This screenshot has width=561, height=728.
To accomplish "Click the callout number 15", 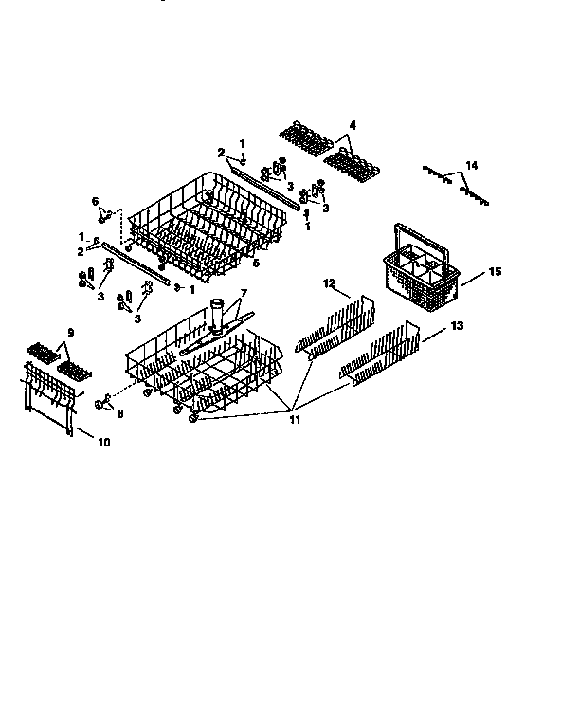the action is click(x=495, y=272).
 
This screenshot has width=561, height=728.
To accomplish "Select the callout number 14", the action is click(x=471, y=165).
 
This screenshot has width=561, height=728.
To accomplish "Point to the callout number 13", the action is click(x=457, y=326).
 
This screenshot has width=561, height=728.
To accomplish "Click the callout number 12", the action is click(x=329, y=283).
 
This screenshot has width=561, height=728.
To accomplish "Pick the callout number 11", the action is click(x=295, y=420).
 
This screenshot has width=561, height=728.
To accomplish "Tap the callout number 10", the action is click(x=104, y=442).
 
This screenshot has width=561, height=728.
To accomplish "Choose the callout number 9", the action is click(x=70, y=333).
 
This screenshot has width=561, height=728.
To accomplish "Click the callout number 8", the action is click(x=120, y=413).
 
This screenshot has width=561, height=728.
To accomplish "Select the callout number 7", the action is click(x=244, y=293).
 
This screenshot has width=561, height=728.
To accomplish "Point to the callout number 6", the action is click(x=95, y=201).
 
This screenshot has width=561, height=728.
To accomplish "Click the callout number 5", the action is click(x=256, y=264).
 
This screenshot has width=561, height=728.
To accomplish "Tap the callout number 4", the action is click(x=353, y=125).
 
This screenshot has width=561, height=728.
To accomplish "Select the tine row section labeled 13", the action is click(x=380, y=354).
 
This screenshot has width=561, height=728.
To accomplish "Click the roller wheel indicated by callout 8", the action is click(x=100, y=405).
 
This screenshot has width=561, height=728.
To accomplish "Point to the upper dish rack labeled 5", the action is click(x=207, y=227).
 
